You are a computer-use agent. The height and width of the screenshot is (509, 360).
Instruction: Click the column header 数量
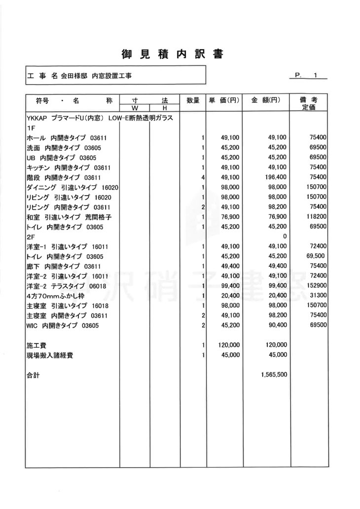point(193,101)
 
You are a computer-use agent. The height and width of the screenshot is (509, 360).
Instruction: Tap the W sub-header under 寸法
point(134,108)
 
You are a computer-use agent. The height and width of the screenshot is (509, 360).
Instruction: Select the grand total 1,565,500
point(274,375)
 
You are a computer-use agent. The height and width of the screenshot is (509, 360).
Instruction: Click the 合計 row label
point(34,375)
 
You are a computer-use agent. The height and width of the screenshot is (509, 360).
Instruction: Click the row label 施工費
point(36,345)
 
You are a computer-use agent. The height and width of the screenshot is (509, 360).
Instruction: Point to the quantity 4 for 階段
point(203,177)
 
